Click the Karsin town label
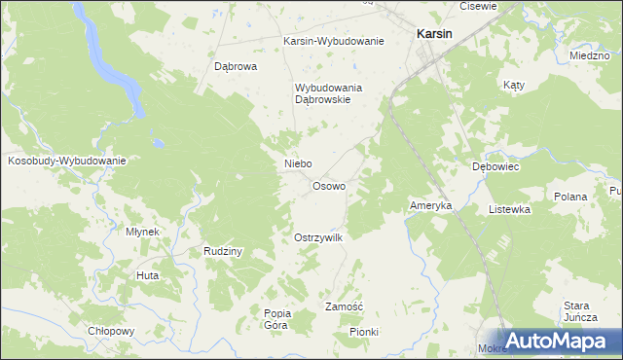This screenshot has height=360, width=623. pyautogui.click(x=433, y=32)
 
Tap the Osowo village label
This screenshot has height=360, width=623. pyautogui.click(x=328, y=186)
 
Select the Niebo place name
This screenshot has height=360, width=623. pyautogui.click(x=298, y=163)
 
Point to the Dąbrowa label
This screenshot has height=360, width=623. pyautogui.click(x=235, y=67)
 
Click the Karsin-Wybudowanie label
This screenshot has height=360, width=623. pyautogui.click(x=334, y=41)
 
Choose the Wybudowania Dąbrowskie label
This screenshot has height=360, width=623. pyautogui.click(x=329, y=93)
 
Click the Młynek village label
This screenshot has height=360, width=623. pyautogui.click(x=143, y=232)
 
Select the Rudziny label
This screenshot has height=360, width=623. pyautogui.click(x=222, y=250)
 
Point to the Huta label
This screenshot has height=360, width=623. pyautogui.click(x=148, y=275)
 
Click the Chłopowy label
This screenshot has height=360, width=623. pyautogui.click(x=110, y=330)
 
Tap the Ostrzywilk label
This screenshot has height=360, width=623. pyautogui.click(x=318, y=237)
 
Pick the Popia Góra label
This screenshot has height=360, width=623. pyautogui.click(x=277, y=319)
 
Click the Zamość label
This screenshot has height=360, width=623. pyautogui.click(x=344, y=306)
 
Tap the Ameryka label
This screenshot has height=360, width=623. pyautogui.click(x=430, y=206)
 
